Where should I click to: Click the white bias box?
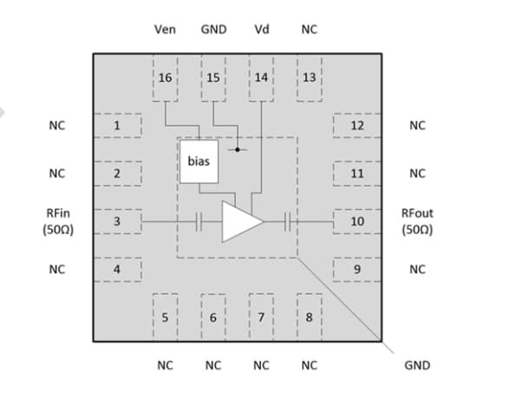[199, 161]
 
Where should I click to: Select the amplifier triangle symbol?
[241, 222]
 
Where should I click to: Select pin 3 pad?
[116, 222]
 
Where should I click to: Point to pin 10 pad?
[356, 222]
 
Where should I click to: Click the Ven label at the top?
[165, 30]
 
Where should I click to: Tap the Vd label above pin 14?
[261, 30]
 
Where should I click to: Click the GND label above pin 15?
[213, 30]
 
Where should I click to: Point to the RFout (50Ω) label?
[417, 221]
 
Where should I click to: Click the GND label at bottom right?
[417, 365]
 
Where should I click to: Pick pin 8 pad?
[309, 316]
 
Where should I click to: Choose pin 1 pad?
[116, 126]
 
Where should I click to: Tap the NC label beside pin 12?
[417, 126]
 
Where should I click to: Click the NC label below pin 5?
[165, 365]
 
